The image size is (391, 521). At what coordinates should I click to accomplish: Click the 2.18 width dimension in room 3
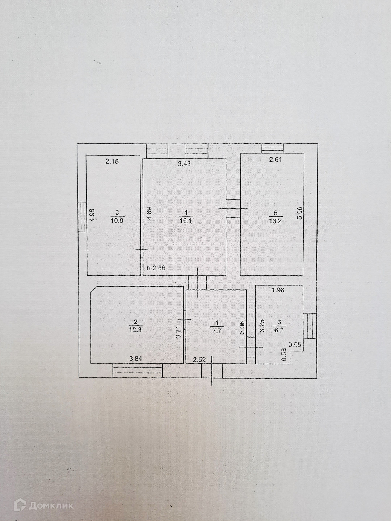pos(112,162)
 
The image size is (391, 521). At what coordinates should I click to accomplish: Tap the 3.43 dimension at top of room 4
pos(185,164)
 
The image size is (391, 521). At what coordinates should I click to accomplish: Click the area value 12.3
pos(135,329)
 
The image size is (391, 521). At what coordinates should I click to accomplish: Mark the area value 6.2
pos(279,330)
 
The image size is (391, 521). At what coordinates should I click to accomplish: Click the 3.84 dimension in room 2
pos(135,359)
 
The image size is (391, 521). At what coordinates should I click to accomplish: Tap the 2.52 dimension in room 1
pos(199,360)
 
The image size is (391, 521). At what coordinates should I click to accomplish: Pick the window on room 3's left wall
pos(83,216)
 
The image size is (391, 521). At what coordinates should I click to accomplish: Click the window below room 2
pos(137,370)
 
